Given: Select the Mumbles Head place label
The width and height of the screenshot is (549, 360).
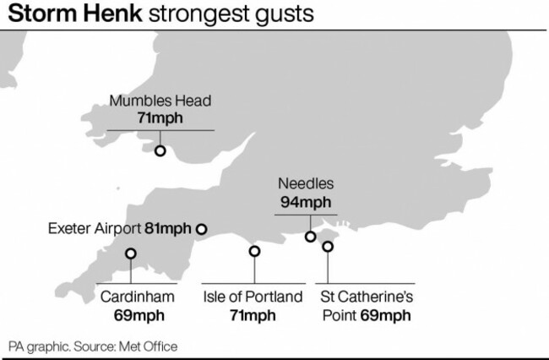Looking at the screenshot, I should pos(160,101).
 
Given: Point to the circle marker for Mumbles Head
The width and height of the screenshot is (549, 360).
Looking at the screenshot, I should pos(160,150).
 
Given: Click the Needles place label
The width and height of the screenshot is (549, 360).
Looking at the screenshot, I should pos(305,183).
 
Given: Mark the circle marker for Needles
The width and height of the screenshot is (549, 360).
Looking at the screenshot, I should pos(311,236).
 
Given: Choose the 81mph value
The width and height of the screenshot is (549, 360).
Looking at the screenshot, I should pos(168,228).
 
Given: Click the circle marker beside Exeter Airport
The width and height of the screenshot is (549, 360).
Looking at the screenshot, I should pos(201,228).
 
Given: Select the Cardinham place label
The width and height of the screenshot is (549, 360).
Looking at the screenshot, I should pos(138,297).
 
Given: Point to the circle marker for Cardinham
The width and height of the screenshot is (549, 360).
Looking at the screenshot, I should pos(131,254).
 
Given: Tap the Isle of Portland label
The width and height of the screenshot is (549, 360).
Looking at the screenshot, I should pos(253,297).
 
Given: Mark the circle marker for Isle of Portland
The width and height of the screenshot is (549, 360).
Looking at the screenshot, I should pos(254,250).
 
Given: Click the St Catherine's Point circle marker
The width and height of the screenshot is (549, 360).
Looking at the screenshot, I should pos(328,246).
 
